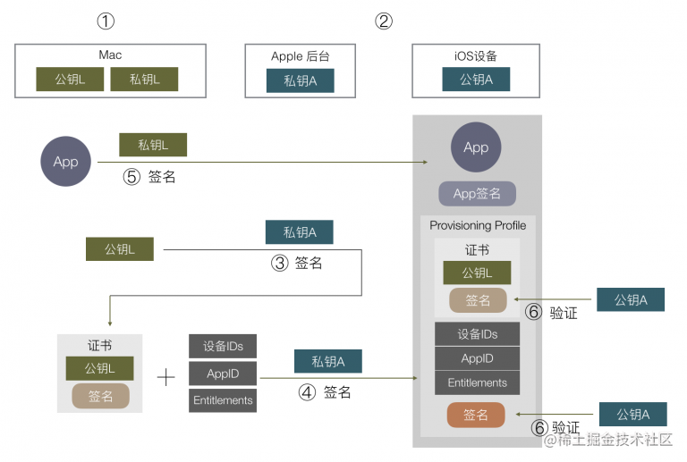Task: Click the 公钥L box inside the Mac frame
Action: click(70, 80)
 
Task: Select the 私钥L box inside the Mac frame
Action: click(144, 80)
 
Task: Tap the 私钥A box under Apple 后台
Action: click(301, 80)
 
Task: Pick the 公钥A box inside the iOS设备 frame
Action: click(476, 80)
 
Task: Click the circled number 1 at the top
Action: click(106, 21)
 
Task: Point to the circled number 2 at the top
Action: click(384, 21)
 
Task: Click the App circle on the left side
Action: click(65, 162)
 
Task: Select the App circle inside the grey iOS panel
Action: click(476, 147)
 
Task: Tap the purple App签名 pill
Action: click(477, 193)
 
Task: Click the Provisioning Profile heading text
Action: click(478, 225)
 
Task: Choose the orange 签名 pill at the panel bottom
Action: click(476, 415)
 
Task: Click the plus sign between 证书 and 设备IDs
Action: click(166, 377)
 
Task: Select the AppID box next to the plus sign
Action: click(223, 374)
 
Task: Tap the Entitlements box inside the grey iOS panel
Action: click(477, 382)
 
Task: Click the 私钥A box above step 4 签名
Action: click(328, 361)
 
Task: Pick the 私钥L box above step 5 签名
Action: click(153, 145)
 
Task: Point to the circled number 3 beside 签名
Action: click(279, 264)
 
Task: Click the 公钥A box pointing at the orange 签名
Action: click(633, 415)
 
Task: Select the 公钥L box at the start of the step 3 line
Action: click(120, 249)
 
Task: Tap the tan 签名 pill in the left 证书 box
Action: click(100, 396)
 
